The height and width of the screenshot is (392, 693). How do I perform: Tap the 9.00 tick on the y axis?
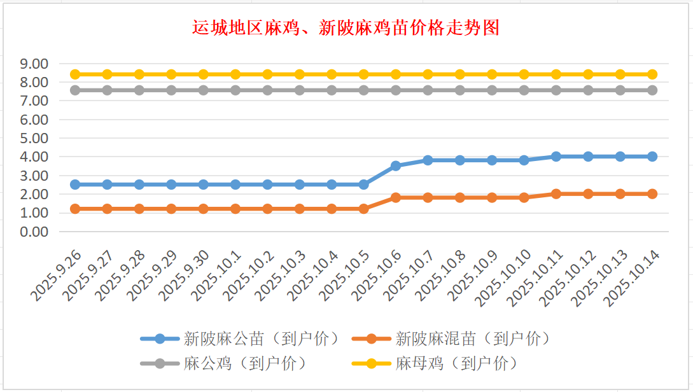click(34, 64)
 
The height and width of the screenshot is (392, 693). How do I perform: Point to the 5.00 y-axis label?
click(34, 138)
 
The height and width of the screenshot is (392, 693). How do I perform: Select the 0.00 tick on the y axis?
click(34, 232)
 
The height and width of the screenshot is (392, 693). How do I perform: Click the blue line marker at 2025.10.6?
click(396, 165)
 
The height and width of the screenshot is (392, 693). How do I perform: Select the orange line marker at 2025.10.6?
click(396, 197)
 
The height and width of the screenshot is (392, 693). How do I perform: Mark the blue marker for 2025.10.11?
click(556, 157)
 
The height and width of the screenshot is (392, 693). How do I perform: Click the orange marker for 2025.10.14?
click(652, 193)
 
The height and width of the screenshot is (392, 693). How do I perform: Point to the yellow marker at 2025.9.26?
click(75, 74)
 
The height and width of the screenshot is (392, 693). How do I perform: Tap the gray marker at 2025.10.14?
click(652, 90)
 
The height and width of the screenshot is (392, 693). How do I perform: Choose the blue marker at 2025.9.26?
click(75, 185)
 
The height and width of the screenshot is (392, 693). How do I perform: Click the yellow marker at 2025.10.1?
click(235, 74)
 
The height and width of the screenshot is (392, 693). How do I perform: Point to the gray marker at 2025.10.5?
click(363, 90)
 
